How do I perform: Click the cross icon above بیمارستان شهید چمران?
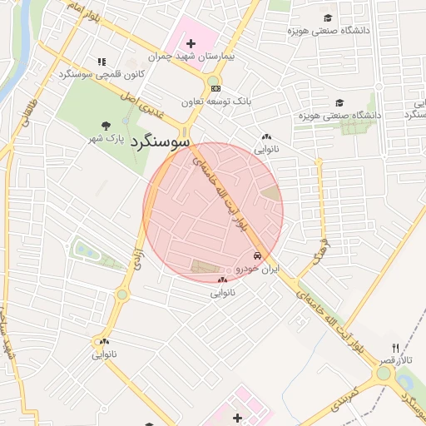pos(191,43)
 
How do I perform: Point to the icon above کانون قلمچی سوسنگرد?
pos(102,62)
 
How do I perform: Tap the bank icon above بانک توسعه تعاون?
pos(215,87)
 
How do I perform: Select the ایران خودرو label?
pos(258,269)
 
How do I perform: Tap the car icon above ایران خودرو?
pos(258,256)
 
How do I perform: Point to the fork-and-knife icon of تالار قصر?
pos(396,349)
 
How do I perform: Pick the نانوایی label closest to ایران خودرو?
pos(222,293)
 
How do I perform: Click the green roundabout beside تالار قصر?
pos(384,374)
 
